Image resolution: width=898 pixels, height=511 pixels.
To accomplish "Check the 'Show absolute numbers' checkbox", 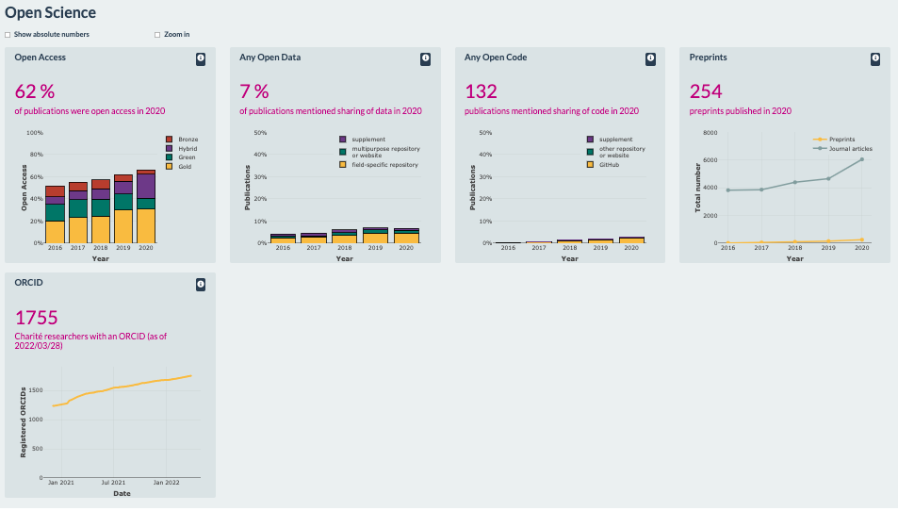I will (x=8, y=35).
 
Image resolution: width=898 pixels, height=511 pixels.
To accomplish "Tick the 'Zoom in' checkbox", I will (x=157, y=35).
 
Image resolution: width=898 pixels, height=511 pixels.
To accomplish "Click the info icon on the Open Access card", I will (x=200, y=58).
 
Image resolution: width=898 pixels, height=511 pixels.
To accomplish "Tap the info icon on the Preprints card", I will (x=875, y=58).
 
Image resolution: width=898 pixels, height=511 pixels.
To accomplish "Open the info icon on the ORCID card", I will (x=200, y=284).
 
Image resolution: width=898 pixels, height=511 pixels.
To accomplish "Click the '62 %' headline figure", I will (x=35, y=91).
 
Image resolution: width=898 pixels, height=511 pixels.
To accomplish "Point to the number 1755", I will (x=37, y=317).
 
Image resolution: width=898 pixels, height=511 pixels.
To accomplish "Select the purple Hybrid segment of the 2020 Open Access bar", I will (x=145, y=186).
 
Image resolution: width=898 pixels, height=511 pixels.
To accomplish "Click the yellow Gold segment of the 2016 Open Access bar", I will (x=56, y=231).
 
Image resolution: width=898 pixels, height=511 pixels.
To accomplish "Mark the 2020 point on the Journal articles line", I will (x=861, y=159).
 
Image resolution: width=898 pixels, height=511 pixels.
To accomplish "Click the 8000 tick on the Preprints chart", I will (x=710, y=134).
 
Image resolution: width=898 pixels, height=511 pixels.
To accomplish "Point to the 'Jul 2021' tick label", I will (x=113, y=483).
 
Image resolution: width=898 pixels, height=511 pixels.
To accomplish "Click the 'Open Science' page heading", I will (x=50, y=13).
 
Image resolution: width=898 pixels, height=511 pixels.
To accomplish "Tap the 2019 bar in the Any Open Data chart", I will (x=375, y=236).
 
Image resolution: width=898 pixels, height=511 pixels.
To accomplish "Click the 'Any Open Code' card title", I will (x=496, y=58).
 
